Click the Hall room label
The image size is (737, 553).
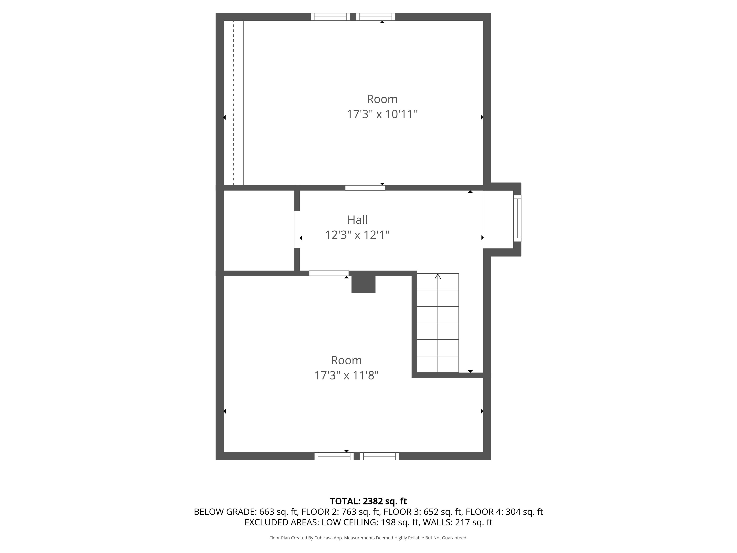click(357, 220)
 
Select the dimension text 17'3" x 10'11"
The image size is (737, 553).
click(382, 114)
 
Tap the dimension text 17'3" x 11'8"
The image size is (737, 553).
click(346, 376)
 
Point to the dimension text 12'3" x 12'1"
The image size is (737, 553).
click(357, 235)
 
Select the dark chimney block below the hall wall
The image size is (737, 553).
click(363, 284)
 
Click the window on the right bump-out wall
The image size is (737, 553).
click(517, 218)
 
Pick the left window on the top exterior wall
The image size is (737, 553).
click(330, 17)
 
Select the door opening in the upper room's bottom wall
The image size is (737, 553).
click(365, 188)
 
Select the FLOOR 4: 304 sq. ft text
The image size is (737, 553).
click(504, 512)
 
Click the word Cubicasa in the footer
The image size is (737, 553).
click(324, 538)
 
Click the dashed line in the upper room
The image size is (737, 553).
click(233, 100)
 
